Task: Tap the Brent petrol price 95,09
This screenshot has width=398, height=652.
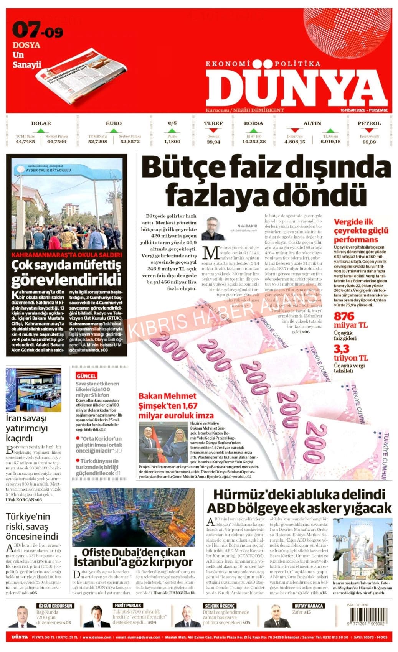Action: [x=369, y=142]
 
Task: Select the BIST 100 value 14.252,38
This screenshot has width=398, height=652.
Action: [x=254, y=142]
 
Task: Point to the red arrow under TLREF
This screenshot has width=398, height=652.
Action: [x=213, y=130]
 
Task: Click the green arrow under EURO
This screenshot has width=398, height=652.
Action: [x=113, y=130]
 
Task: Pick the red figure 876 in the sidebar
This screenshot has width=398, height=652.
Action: [x=344, y=316]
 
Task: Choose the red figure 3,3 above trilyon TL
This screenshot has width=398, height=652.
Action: [x=341, y=349]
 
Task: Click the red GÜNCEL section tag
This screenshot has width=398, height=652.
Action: [x=86, y=376]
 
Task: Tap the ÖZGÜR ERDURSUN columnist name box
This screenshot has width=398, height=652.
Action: [x=54, y=606]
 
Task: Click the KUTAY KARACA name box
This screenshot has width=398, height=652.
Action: [x=308, y=606]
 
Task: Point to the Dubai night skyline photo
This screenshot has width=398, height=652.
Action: [x=133, y=517]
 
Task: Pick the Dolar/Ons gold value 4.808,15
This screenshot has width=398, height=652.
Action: [x=294, y=142]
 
